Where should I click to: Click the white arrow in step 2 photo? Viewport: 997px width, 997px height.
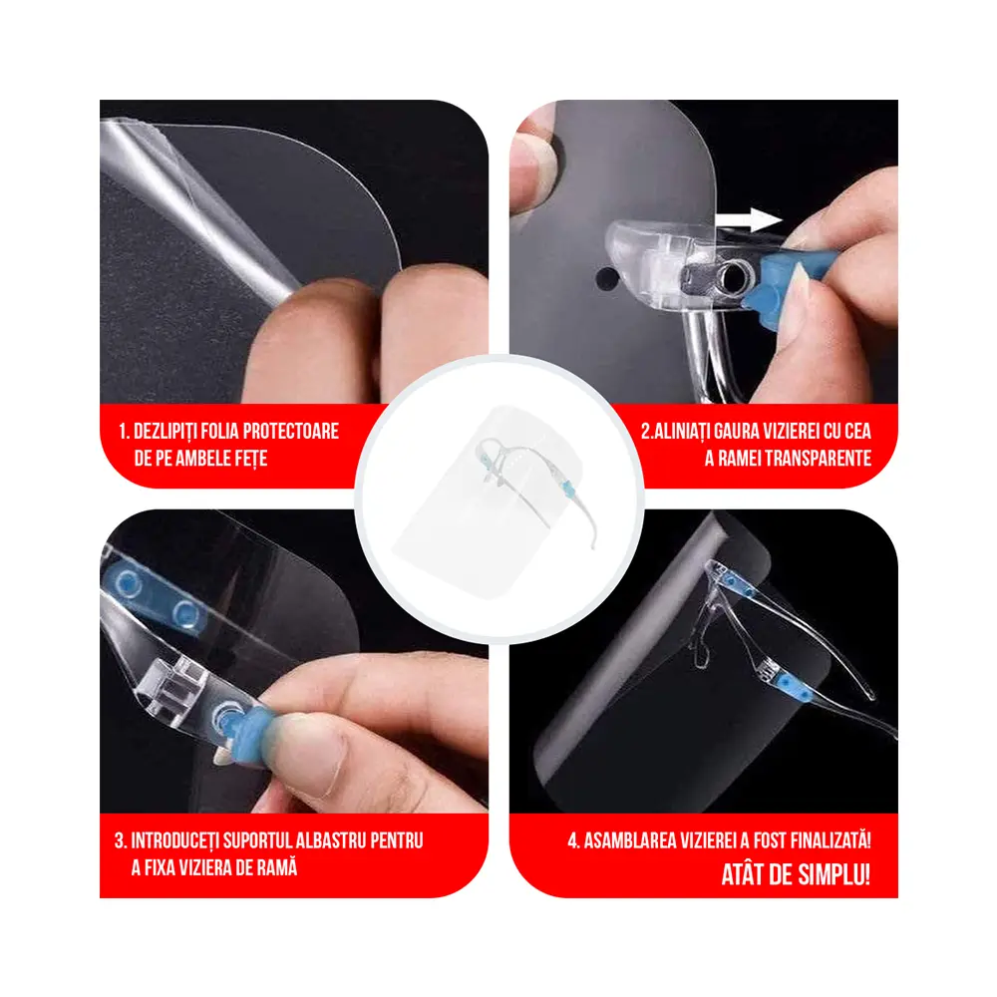(x=749, y=220)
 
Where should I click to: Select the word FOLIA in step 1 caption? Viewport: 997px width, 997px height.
(x=230, y=431)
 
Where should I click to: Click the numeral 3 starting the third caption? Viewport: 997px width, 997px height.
(x=120, y=840)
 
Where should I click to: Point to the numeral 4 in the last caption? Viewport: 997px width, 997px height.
(x=573, y=840)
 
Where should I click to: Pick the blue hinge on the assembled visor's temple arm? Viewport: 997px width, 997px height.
(x=791, y=686)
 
